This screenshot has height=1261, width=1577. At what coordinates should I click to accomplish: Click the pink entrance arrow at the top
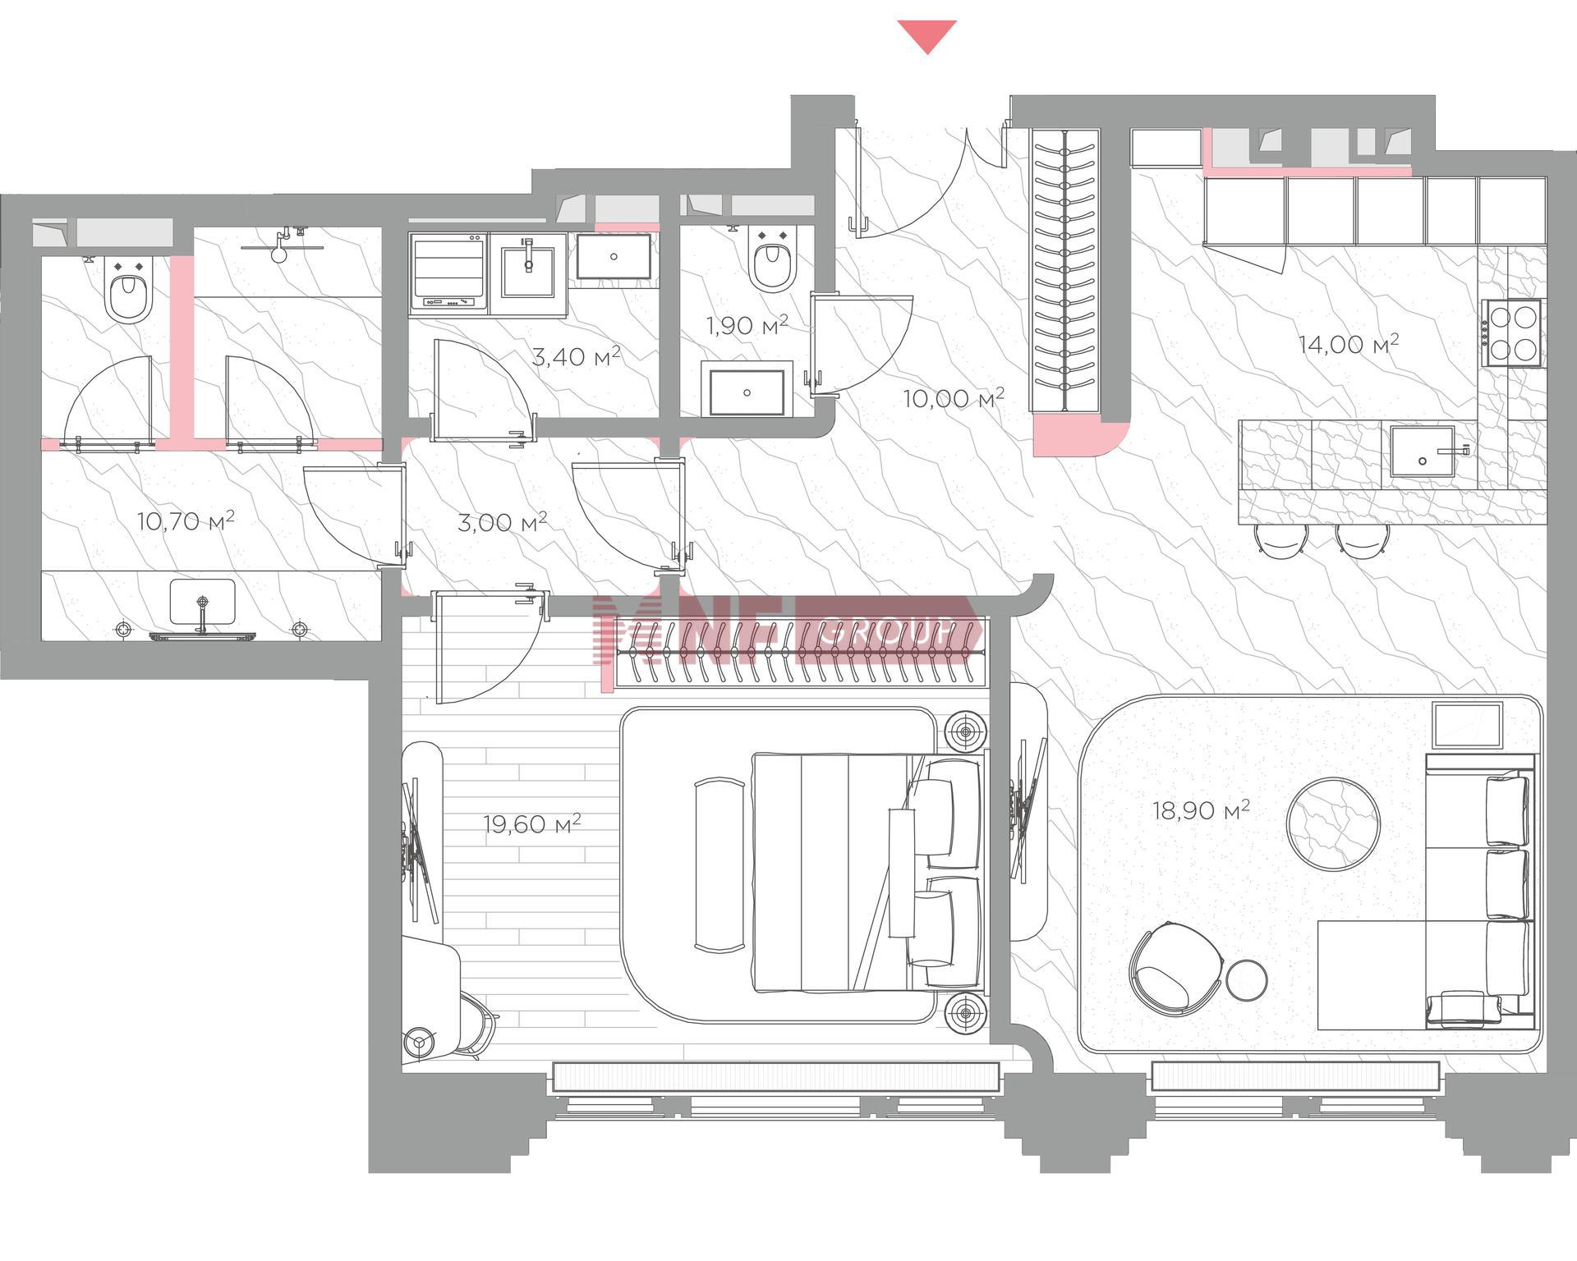pyautogui.click(x=927, y=35)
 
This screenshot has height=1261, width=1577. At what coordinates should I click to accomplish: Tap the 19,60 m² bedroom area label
pyautogui.click(x=532, y=823)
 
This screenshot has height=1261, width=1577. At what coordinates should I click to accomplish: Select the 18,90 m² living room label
pyautogui.click(x=1201, y=810)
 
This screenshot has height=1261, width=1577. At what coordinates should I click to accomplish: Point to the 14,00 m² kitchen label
pyautogui.click(x=1349, y=343)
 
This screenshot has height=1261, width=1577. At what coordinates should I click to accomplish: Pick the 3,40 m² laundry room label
pyautogui.click(x=576, y=356)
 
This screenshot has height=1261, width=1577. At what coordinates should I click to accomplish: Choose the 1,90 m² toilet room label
pyautogui.click(x=747, y=325)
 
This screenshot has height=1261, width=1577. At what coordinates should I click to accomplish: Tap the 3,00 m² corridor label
pyautogui.click(x=502, y=522)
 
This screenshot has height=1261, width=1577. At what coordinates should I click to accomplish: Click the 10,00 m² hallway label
pyautogui.click(x=954, y=399)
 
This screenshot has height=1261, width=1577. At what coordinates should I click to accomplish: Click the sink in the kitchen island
pyautogui.click(x=1423, y=452)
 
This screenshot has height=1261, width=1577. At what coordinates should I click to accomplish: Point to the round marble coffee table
pyautogui.click(x=1332, y=823)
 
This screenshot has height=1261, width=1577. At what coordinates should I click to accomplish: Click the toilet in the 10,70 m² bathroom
pyautogui.click(x=129, y=291)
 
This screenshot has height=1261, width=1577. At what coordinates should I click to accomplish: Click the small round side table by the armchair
pyautogui.click(x=1247, y=980)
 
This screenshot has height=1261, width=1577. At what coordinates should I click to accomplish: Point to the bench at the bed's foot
pyautogui.click(x=720, y=865)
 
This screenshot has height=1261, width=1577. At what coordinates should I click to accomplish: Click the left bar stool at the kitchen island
pyautogui.click(x=1281, y=541)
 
